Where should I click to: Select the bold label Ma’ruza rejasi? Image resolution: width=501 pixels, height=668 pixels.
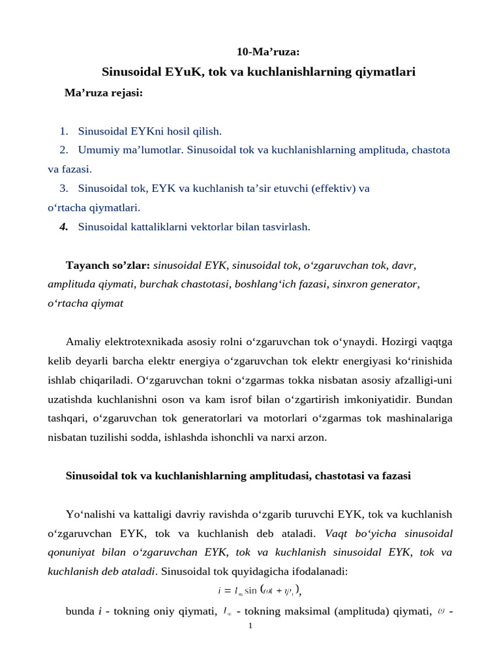click(x=103, y=93)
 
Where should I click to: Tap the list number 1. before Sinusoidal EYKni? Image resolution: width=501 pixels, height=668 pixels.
click(x=64, y=131)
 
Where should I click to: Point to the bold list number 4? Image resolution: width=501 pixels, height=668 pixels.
click(x=64, y=227)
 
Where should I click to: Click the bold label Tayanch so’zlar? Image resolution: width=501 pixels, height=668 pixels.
click(x=108, y=266)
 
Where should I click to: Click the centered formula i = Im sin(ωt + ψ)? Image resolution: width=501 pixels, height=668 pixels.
click(x=259, y=591)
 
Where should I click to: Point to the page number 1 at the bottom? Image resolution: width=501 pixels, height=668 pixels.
click(x=250, y=626)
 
